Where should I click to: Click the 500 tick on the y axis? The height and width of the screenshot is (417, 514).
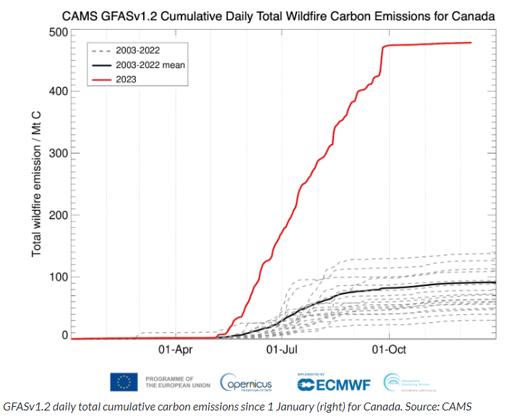coord(59,33)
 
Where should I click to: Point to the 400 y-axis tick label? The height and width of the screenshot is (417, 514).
coord(59,91)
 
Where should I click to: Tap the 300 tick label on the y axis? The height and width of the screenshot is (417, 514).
coord(59,153)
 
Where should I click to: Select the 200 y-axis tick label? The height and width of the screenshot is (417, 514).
coord(59,215)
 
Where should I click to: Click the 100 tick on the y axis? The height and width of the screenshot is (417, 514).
coord(59,277)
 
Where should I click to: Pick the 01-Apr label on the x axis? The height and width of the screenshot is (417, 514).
coord(174,350)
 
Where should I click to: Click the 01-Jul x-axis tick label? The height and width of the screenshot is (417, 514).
coord(282,350)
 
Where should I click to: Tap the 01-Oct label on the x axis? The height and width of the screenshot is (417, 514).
coord(390,350)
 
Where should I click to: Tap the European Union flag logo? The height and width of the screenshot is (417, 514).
coord(124,382)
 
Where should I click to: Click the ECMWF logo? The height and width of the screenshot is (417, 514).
coord(333,383)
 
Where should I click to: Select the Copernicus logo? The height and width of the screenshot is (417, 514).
coord(246,382)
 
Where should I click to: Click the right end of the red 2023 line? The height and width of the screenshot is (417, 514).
coord(471,43)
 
